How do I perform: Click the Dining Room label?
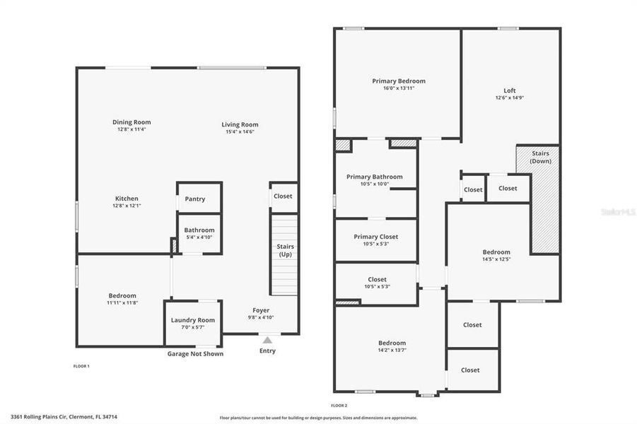click(x=132, y=122)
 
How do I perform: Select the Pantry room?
click(x=195, y=199)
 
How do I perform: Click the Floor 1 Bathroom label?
click(x=199, y=230)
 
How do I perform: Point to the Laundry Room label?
click(x=192, y=320)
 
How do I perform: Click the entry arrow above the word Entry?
click(x=267, y=340)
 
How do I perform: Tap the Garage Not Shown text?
click(x=195, y=354)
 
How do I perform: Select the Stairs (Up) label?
click(x=285, y=250)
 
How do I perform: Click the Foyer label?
click(x=262, y=310)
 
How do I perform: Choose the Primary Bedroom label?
click(x=399, y=81)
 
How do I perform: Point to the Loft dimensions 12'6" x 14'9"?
click(x=510, y=98)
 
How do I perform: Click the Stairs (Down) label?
click(x=540, y=157)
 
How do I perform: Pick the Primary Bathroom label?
click(x=374, y=177)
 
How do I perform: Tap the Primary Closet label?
click(x=376, y=237)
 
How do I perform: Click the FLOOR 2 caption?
click(x=339, y=406)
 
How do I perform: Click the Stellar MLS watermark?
click(x=618, y=211)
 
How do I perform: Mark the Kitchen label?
click(x=127, y=199)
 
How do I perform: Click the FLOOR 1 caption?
click(x=81, y=366)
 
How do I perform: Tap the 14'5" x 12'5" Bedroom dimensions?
click(x=496, y=259)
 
